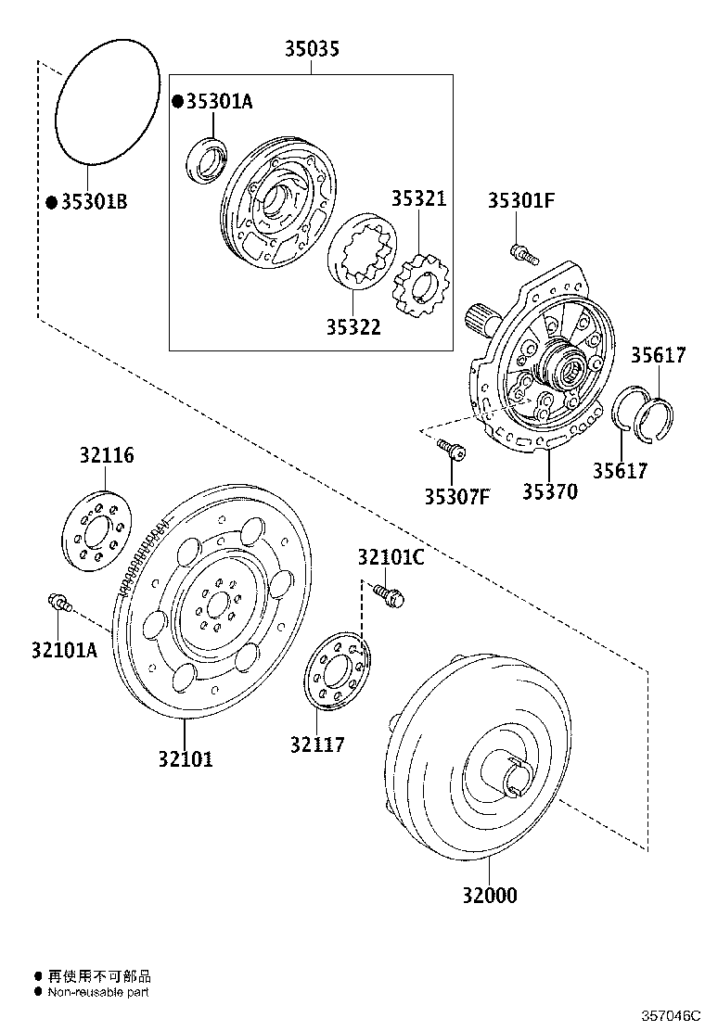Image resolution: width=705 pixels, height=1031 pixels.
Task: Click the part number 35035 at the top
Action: click(311, 49)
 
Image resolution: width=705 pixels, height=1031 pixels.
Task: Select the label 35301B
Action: click(93, 201)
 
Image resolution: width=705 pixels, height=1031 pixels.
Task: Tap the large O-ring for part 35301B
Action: click(105, 102)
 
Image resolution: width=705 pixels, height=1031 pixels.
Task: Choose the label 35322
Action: click(352, 327)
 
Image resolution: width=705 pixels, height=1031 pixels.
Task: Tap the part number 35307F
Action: click(456, 496)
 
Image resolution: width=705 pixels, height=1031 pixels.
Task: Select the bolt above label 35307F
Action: click(452, 451)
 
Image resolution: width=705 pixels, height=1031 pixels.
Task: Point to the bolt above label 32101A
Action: click(58, 603)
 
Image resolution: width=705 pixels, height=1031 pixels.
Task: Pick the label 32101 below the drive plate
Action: click(185, 758)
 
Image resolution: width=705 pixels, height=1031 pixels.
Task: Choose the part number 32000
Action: click(490, 895)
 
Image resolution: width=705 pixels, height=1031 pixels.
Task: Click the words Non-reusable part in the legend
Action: click(98, 991)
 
